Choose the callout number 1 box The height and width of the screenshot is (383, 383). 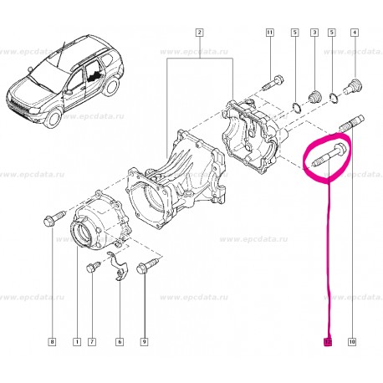coord(76,341)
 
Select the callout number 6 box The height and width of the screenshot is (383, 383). coord(120,341)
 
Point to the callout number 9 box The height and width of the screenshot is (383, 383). coord(145,341)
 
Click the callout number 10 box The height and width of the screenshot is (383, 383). coord(352,341)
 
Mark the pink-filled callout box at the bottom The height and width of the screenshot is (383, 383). coord(328,341)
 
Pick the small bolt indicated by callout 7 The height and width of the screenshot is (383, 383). coord(92,268)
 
